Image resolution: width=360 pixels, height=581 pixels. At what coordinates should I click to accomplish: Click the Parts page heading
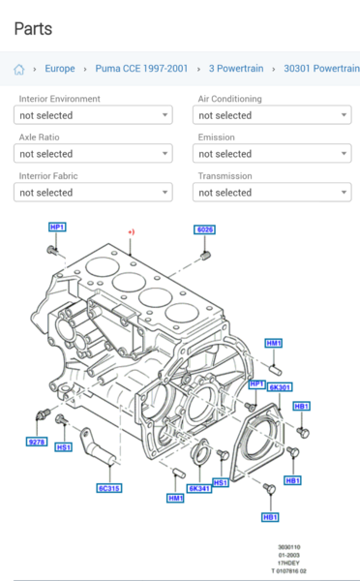click(33, 29)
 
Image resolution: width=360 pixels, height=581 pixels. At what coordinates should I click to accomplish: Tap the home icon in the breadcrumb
click(19, 70)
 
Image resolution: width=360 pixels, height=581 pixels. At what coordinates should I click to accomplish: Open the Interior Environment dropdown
click(94, 115)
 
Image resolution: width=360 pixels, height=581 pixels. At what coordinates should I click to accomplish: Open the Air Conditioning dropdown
click(272, 115)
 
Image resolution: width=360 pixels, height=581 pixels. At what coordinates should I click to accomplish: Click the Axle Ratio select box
click(94, 154)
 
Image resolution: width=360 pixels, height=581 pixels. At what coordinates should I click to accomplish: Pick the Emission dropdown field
click(272, 154)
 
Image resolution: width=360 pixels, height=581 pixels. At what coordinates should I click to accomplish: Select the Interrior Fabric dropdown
click(94, 193)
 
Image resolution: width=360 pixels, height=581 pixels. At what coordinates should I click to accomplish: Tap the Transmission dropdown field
click(272, 193)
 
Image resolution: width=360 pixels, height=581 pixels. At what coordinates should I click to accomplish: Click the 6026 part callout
click(205, 229)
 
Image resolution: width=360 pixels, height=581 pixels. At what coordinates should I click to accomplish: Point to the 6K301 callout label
click(281, 387)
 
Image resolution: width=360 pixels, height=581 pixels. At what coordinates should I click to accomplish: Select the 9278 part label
click(37, 442)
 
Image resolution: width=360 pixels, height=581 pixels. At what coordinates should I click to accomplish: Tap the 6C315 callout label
click(108, 488)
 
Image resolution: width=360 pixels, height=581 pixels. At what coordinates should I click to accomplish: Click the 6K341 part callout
click(201, 488)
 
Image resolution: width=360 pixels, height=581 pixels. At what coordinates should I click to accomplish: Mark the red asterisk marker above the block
click(131, 232)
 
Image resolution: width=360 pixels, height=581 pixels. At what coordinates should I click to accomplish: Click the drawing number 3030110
click(289, 546)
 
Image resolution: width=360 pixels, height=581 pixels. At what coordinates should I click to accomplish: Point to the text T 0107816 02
click(288, 571)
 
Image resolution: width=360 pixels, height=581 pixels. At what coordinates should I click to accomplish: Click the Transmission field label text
click(225, 176)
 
